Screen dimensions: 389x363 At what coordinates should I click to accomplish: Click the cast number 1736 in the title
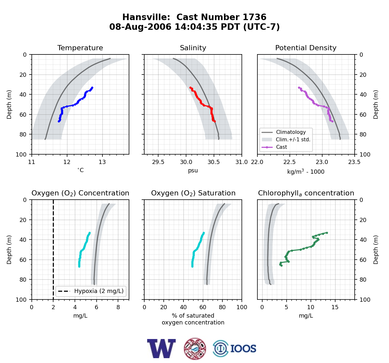[x=254, y=17]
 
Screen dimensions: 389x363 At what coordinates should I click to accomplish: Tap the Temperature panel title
[x=80, y=48]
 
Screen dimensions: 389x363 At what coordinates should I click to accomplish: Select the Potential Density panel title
[x=306, y=48]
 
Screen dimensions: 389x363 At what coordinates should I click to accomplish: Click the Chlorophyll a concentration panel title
[x=306, y=193]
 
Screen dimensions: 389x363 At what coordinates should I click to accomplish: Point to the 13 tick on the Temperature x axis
[x=102, y=162]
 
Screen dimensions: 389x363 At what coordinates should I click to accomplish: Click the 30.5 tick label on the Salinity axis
[x=214, y=162]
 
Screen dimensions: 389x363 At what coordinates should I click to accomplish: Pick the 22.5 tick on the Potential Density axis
[x=289, y=162]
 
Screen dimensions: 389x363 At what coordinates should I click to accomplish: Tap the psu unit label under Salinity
[x=193, y=170]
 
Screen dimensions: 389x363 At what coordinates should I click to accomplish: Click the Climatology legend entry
[x=291, y=132]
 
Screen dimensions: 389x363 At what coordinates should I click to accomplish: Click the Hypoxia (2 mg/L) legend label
[x=99, y=291]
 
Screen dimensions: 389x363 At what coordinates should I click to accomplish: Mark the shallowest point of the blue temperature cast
[x=92, y=88]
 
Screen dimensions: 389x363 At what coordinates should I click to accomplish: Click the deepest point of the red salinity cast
[x=215, y=122]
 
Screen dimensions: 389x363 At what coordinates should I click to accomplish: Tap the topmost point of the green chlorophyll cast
[x=327, y=233]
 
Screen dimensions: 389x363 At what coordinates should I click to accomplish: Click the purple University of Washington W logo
[x=161, y=348]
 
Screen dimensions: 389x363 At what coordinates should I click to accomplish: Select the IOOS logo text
[x=243, y=349]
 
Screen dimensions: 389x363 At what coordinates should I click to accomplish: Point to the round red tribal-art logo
[x=195, y=349]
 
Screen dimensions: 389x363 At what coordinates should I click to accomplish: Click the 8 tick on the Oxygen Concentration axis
[x=118, y=307]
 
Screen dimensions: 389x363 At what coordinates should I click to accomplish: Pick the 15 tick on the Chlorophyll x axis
[x=335, y=307]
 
